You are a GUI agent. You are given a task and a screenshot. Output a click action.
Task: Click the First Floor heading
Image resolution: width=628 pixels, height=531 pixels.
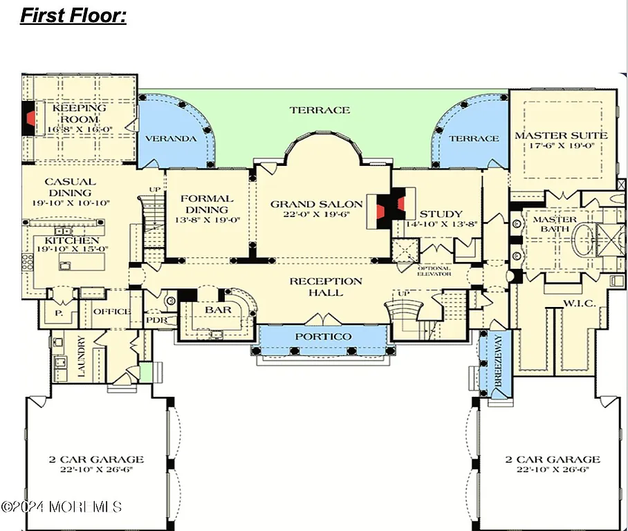(x=73, y=15)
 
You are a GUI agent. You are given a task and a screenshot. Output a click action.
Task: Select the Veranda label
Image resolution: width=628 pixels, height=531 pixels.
(x=170, y=138)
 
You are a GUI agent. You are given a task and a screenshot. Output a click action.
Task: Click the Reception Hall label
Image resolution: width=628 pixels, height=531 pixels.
(x=325, y=286)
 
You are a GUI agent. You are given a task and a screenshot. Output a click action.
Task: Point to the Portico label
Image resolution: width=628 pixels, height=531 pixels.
(x=323, y=337)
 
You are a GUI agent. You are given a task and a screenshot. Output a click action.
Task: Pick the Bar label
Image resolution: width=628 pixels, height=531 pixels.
(x=218, y=310)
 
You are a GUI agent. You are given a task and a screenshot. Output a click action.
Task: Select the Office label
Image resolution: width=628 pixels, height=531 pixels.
(x=111, y=311)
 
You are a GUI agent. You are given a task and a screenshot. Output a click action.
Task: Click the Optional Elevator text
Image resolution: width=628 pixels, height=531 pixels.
(x=434, y=270)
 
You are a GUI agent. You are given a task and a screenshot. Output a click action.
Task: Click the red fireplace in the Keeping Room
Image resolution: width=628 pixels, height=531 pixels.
(x=29, y=118)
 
